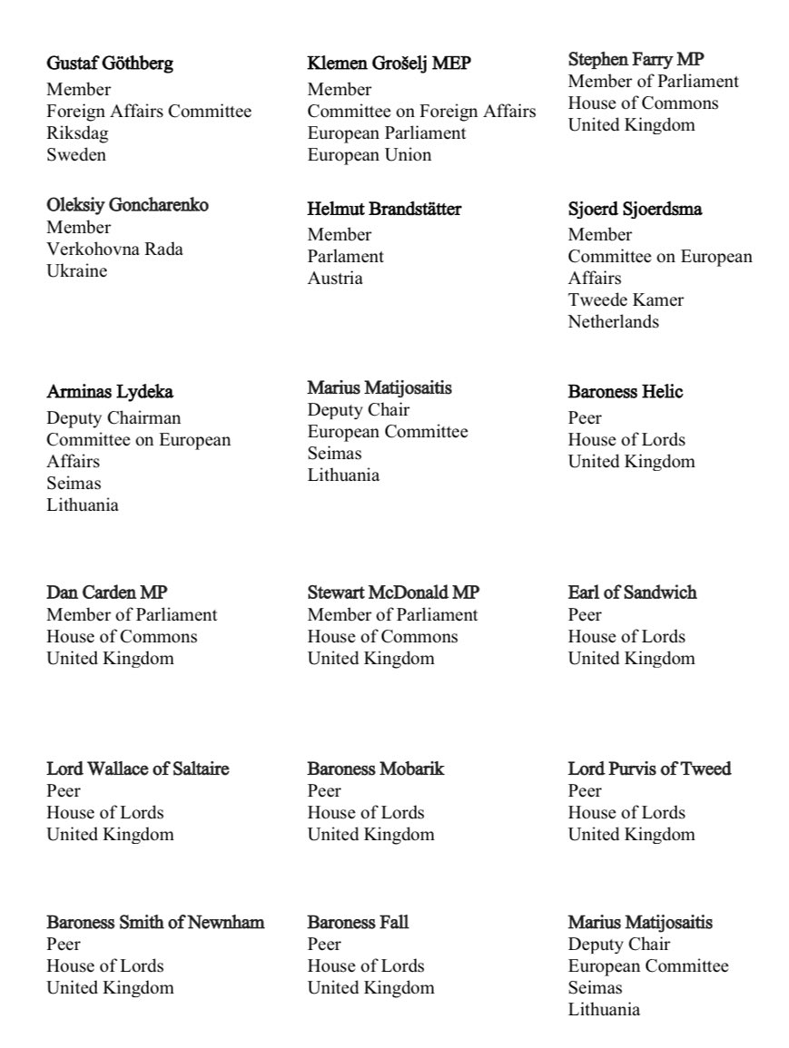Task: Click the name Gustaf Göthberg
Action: pyautogui.click(x=110, y=64)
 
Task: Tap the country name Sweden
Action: pyautogui.click(x=76, y=154)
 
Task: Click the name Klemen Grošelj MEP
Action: pyautogui.click(x=390, y=64)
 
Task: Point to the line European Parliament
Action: pyautogui.click(x=387, y=132)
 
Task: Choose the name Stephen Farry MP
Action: pyautogui.click(x=636, y=59)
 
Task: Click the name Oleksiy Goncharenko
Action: pyautogui.click(x=127, y=205)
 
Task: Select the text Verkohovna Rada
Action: pyautogui.click(x=114, y=249)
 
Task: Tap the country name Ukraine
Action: pyautogui.click(x=76, y=270)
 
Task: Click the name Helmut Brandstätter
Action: pyautogui.click(x=384, y=209)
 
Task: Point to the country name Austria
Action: pyautogui.click(x=335, y=278)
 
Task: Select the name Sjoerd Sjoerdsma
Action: pyautogui.click(x=635, y=209)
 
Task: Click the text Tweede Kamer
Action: pyautogui.click(x=626, y=299)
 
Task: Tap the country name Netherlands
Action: pyautogui.click(x=614, y=321)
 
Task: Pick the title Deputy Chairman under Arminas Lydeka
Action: pyautogui.click(x=113, y=417)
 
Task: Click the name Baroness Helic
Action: pyautogui.click(x=626, y=392)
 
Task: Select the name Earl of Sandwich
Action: pyautogui.click(x=632, y=593)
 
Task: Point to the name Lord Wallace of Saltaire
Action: pyautogui.click(x=138, y=769)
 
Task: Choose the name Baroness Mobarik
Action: pyautogui.click(x=376, y=769)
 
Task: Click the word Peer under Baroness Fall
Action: pyautogui.click(x=324, y=944)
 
